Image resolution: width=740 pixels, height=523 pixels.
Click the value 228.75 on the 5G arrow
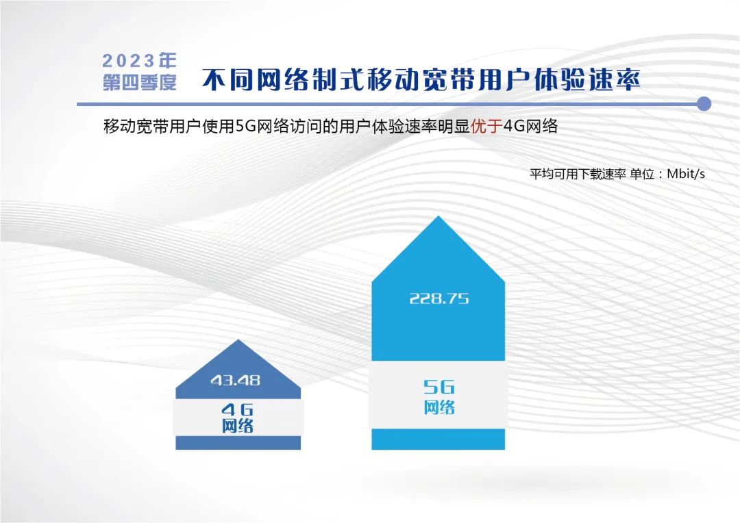[x=439, y=298]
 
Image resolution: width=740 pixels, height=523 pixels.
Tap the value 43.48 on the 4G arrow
[x=236, y=380]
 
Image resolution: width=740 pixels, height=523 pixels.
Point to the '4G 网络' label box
[x=238, y=418]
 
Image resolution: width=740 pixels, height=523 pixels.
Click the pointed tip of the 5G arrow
[x=439, y=216]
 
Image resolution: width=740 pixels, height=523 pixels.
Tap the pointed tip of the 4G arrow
[x=238, y=340]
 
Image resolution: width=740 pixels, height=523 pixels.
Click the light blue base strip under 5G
[x=438, y=439]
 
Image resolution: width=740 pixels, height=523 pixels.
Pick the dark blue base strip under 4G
[x=238, y=443]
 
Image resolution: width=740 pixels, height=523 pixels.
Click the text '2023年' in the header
[x=139, y=60]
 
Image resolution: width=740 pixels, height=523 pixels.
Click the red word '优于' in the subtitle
[x=486, y=126]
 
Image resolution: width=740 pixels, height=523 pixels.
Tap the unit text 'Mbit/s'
[x=686, y=174]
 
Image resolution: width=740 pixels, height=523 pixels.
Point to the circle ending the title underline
[x=704, y=104]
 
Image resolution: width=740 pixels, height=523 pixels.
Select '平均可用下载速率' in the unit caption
[x=578, y=174]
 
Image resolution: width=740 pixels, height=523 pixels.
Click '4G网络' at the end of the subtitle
[x=530, y=126]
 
